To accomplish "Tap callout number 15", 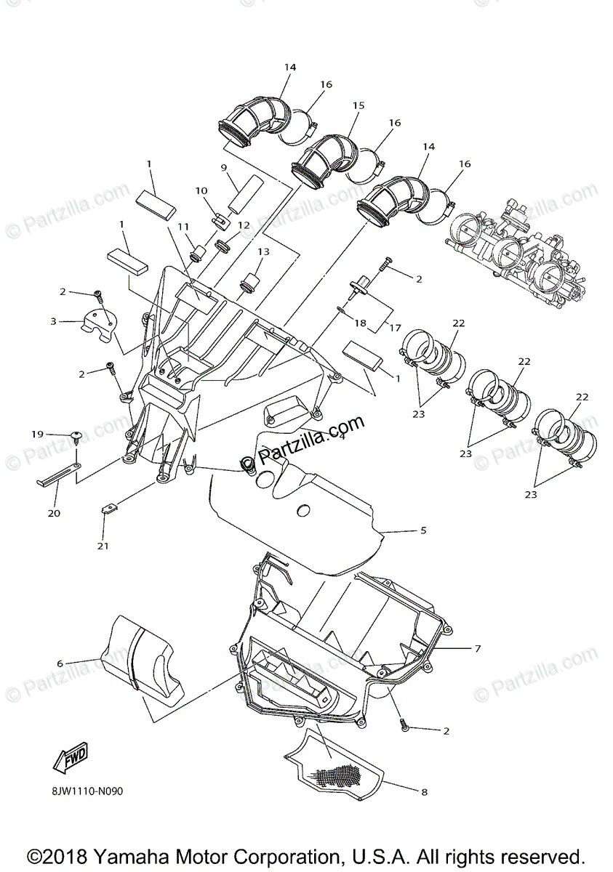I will point(358,106).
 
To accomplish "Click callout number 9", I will point(225,168).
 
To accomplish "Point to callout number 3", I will point(54,320).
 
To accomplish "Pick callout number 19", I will point(38,434).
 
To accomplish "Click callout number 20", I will point(54,512).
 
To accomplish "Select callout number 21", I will point(103,546).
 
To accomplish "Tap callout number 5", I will point(423,530).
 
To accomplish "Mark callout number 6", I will point(60,663).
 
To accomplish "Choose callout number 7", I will point(478,647).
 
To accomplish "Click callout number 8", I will point(425,792).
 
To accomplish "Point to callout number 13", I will point(263,251).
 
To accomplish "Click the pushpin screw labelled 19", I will point(77,437).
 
